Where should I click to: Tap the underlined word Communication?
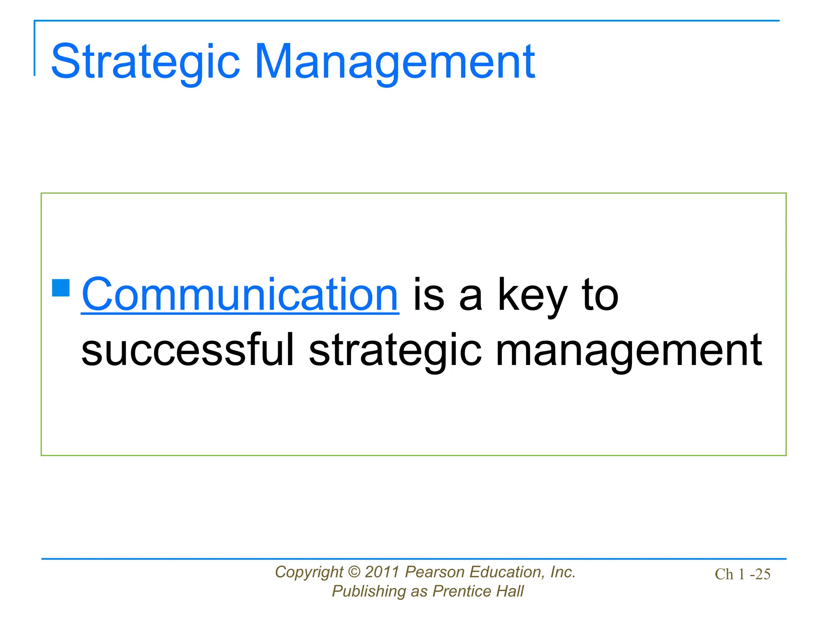click(x=240, y=295)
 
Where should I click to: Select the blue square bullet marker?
click(x=61, y=288)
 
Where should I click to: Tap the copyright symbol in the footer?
click(x=354, y=572)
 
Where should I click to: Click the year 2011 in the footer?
click(x=382, y=572)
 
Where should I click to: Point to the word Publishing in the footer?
click(x=368, y=591)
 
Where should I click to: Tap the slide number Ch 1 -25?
click(x=742, y=575)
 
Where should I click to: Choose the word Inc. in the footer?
click(x=563, y=572)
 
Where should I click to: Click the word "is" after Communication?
click(x=429, y=295)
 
